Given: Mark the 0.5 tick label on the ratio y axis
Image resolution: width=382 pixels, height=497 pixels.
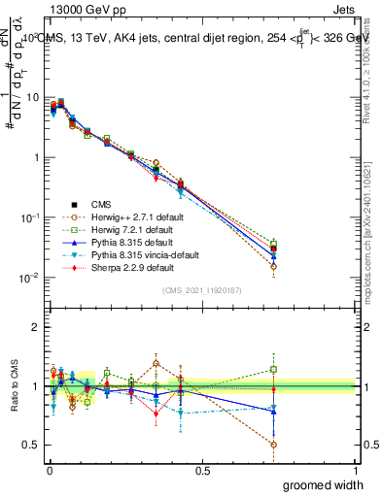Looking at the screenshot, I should click(31, 446).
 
